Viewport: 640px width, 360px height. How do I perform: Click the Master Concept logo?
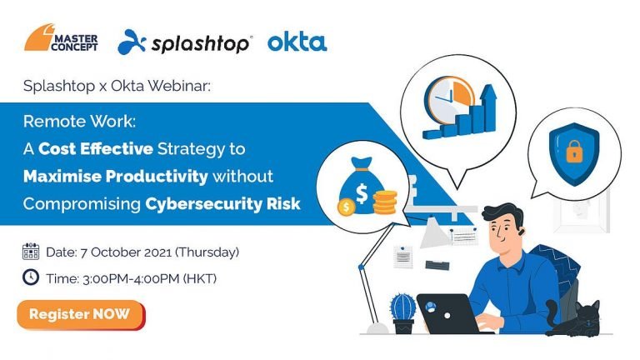(x=61, y=37)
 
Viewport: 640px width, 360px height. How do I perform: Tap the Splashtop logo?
(x=184, y=42)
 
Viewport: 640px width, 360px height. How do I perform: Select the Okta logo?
(x=297, y=42)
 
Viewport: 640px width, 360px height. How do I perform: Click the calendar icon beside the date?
(x=31, y=252)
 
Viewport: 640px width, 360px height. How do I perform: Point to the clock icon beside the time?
(x=31, y=277)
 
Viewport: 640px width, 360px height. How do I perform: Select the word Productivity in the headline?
(x=157, y=177)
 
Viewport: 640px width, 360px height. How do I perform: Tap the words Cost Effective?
(x=96, y=149)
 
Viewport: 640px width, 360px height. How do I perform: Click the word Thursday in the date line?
(x=207, y=252)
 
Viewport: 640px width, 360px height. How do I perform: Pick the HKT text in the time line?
(x=200, y=279)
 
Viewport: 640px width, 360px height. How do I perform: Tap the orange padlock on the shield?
(x=574, y=152)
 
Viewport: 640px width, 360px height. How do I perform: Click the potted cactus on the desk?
(x=402, y=313)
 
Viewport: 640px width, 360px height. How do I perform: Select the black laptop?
(x=447, y=313)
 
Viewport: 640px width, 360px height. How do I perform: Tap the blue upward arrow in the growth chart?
(x=488, y=107)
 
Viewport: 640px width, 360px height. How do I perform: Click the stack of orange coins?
(x=385, y=202)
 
